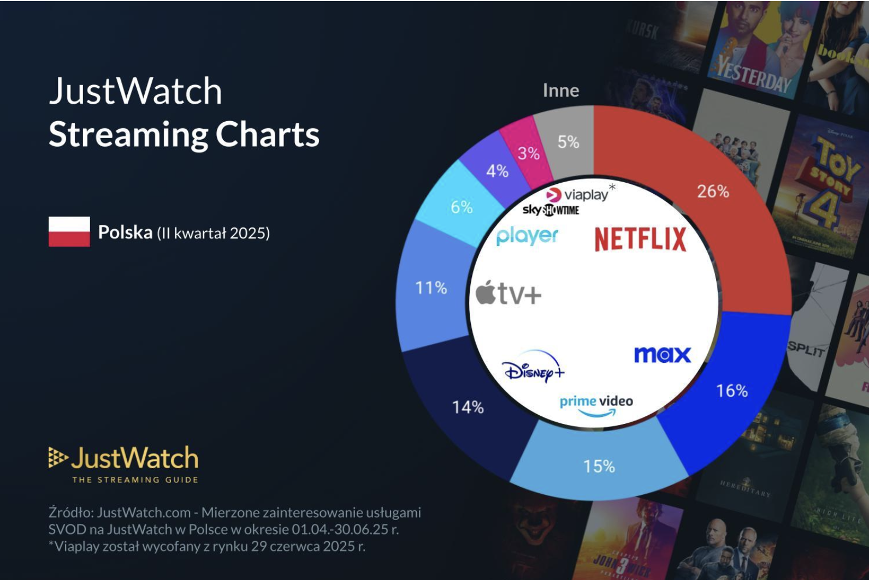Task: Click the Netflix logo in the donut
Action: coord(640,239)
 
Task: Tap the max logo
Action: coord(662,355)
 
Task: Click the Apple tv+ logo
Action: coord(509,294)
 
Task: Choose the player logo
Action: coord(527,236)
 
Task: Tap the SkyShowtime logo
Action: coord(551,210)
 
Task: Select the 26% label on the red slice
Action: coord(713,191)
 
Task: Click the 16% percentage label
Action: coord(732,391)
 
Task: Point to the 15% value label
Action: coord(599,467)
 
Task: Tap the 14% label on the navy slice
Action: coord(468,407)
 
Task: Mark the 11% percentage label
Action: coord(431,288)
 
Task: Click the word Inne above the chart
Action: coord(561,91)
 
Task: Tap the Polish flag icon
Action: coord(69,232)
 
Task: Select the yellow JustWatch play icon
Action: coord(57,457)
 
